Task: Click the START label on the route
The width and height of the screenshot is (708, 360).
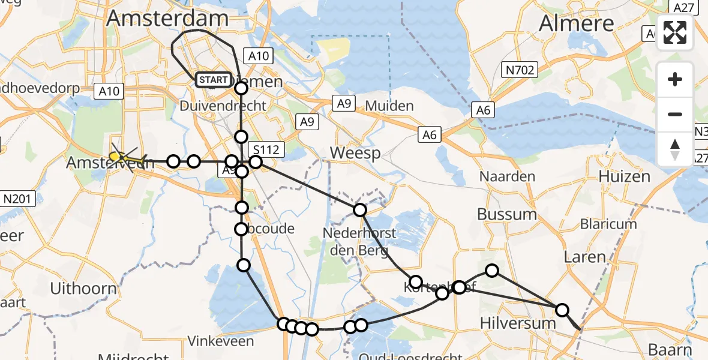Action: click(x=213, y=80)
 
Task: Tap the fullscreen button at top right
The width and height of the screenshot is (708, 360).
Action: click(x=675, y=32)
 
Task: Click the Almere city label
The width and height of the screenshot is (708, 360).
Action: click(x=576, y=23)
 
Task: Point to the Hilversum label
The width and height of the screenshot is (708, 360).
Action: click(x=518, y=323)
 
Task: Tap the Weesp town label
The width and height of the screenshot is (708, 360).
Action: click(x=355, y=154)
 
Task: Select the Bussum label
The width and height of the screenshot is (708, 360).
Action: click(x=507, y=214)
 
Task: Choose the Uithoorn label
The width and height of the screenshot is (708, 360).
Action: click(x=83, y=289)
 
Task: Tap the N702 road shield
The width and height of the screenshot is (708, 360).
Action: click(x=520, y=70)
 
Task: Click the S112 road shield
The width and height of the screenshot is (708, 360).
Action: click(x=266, y=149)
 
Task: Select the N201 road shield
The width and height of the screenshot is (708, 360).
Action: click(x=19, y=199)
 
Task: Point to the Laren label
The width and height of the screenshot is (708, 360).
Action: click(x=585, y=257)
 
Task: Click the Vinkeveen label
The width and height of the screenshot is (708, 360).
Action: click(x=221, y=341)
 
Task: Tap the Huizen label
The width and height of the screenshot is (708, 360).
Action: click(x=624, y=176)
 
